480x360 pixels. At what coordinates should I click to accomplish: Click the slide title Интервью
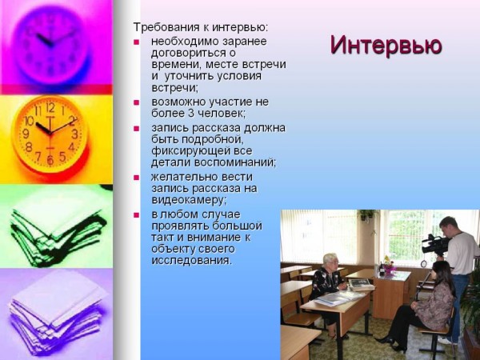(x=386, y=46)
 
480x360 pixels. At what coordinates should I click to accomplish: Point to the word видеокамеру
(x=189, y=200)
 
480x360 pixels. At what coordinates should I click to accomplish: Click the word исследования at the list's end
(x=191, y=260)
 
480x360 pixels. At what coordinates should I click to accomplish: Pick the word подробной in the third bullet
(x=213, y=139)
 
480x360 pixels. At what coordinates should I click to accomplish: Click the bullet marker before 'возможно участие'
(x=136, y=102)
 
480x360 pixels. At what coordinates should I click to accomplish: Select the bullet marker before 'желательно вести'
(x=136, y=178)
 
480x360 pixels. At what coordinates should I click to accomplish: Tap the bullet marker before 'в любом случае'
(x=136, y=215)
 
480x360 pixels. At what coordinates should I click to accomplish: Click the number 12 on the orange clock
(x=50, y=108)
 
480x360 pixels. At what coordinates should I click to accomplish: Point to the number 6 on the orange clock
(x=50, y=160)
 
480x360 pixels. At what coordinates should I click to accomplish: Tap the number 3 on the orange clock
(x=74, y=134)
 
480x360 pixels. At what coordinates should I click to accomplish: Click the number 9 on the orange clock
(x=26, y=134)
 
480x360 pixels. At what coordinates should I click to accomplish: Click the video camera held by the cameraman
(x=434, y=245)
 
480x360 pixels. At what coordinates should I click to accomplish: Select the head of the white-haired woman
(x=330, y=261)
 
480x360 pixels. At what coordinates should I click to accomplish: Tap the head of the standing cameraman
(x=448, y=226)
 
